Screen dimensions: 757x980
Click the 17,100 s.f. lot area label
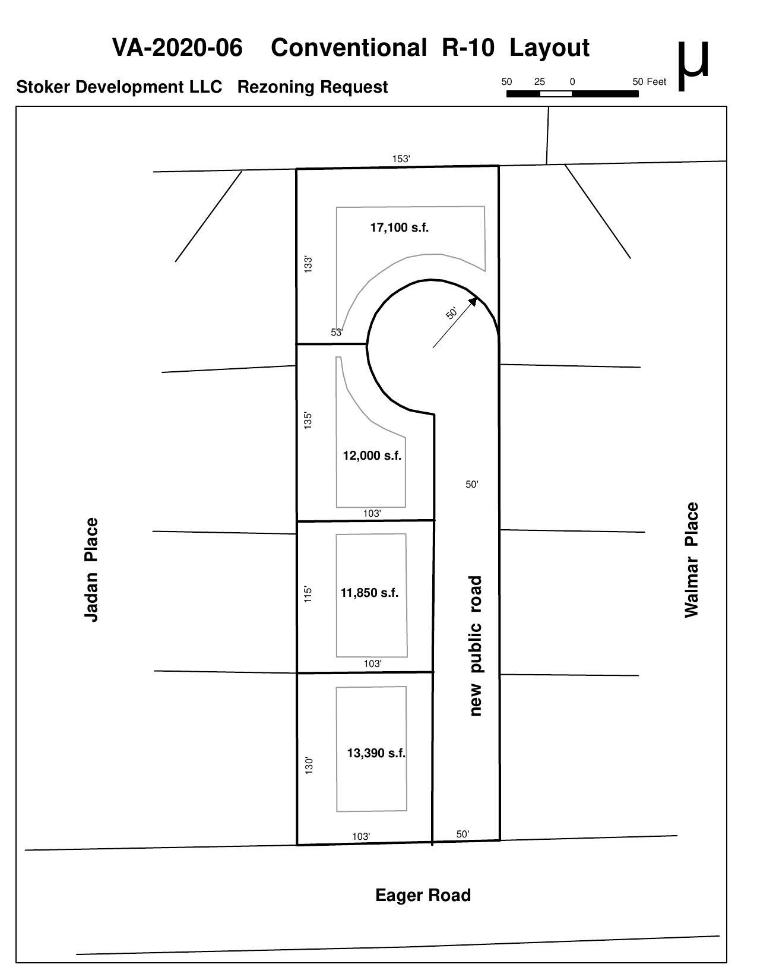(399, 227)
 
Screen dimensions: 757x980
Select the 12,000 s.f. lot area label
(372, 456)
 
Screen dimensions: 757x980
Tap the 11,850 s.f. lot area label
(369, 593)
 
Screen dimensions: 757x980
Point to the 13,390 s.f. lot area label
(376, 753)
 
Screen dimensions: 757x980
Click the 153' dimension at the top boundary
(401, 159)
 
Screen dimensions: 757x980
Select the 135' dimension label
(308, 421)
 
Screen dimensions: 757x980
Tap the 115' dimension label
(308, 595)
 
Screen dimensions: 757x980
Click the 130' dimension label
(309, 766)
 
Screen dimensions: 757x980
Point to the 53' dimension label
(337, 333)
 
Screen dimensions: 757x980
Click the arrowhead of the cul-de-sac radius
(473, 301)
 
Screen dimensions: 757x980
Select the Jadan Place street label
(91, 570)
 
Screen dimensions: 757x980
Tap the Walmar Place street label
(691, 559)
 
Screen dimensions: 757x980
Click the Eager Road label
(423, 895)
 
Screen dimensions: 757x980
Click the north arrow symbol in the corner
(693, 65)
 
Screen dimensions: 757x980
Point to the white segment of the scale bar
(556, 94)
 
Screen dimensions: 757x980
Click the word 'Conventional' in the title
(349, 48)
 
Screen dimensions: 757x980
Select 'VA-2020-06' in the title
(177, 48)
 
